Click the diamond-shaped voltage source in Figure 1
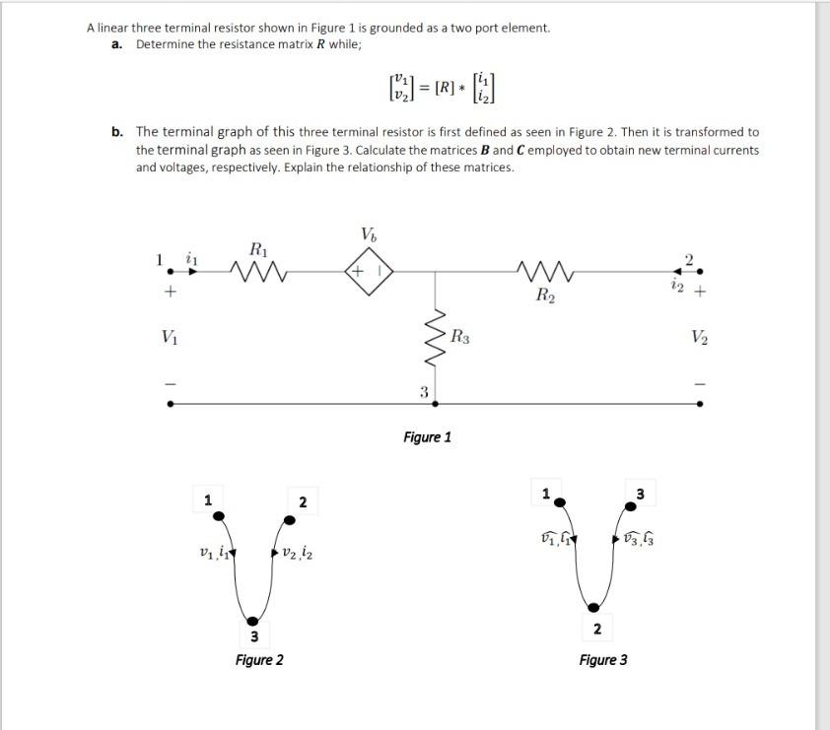click(x=368, y=268)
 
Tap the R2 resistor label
click(x=543, y=294)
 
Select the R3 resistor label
click(x=459, y=338)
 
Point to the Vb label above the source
click(x=368, y=234)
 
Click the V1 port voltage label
click(x=171, y=336)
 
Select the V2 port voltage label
click(x=699, y=336)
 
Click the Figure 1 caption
click(x=427, y=436)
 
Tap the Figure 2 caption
click(x=259, y=659)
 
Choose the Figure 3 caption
click(x=603, y=659)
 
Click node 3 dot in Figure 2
click(x=253, y=620)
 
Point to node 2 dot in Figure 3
click(x=594, y=608)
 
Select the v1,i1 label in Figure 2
click(x=216, y=554)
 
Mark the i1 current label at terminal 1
click(x=193, y=260)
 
